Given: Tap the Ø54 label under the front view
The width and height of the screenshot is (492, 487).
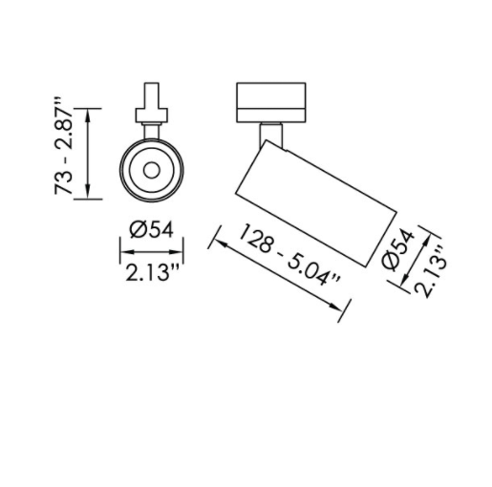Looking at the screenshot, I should pyautogui.click(x=150, y=229).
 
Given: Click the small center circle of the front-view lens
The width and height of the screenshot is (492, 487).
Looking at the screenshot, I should pyautogui.click(x=150, y=170).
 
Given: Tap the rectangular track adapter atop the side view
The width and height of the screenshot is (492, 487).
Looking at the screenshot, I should pyautogui.click(x=272, y=102).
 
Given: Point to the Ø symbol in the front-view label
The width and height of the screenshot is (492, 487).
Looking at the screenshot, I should pyautogui.click(x=135, y=229).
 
